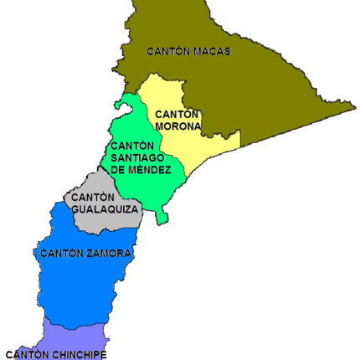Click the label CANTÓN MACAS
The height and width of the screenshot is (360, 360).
tap(188, 51)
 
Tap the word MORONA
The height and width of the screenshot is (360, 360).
tap(178, 126)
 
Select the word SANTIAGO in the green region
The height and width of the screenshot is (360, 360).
tap(137, 157)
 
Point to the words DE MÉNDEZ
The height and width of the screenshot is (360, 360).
tap(141, 170)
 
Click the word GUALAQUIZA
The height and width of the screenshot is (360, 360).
tap(105, 209)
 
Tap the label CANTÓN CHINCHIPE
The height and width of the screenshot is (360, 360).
tap(56, 354)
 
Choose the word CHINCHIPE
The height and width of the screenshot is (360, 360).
tap(80, 354)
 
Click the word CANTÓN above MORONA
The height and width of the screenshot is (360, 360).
tap(177, 115)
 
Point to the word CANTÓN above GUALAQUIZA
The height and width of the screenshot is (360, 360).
tap(93, 198)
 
